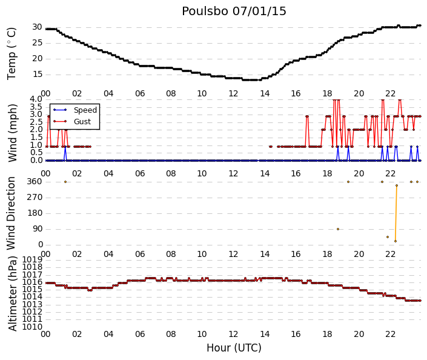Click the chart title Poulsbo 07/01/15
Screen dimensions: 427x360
tap(234, 12)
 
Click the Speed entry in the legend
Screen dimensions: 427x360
tap(85, 110)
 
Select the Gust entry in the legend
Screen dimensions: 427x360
tap(82, 122)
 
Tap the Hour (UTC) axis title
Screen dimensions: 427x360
tap(234, 348)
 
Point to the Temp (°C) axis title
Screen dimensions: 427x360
tap(12, 53)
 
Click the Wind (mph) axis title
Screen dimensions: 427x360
tap(13, 133)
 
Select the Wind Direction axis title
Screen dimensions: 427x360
tap(11, 213)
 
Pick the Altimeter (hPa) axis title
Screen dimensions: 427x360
tap(13, 293)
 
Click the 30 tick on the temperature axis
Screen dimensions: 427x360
tap(37, 27)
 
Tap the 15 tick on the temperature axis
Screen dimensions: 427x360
tap(38, 74)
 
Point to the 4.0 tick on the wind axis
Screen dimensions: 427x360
tap(36, 99)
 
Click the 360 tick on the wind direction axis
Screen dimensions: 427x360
tap(35, 181)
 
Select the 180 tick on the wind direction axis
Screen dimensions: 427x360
tap(35, 213)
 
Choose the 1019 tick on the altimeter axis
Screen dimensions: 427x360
tap(32, 259)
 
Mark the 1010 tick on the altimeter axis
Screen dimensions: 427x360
tap(32, 327)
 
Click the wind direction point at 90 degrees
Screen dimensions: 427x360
tap(338, 229)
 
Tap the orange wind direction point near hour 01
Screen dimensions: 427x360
tap(65, 182)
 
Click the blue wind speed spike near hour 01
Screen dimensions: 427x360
tap(65, 154)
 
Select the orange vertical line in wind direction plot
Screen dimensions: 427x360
tap(396, 213)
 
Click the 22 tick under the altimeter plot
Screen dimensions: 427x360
tap(390, 334)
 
